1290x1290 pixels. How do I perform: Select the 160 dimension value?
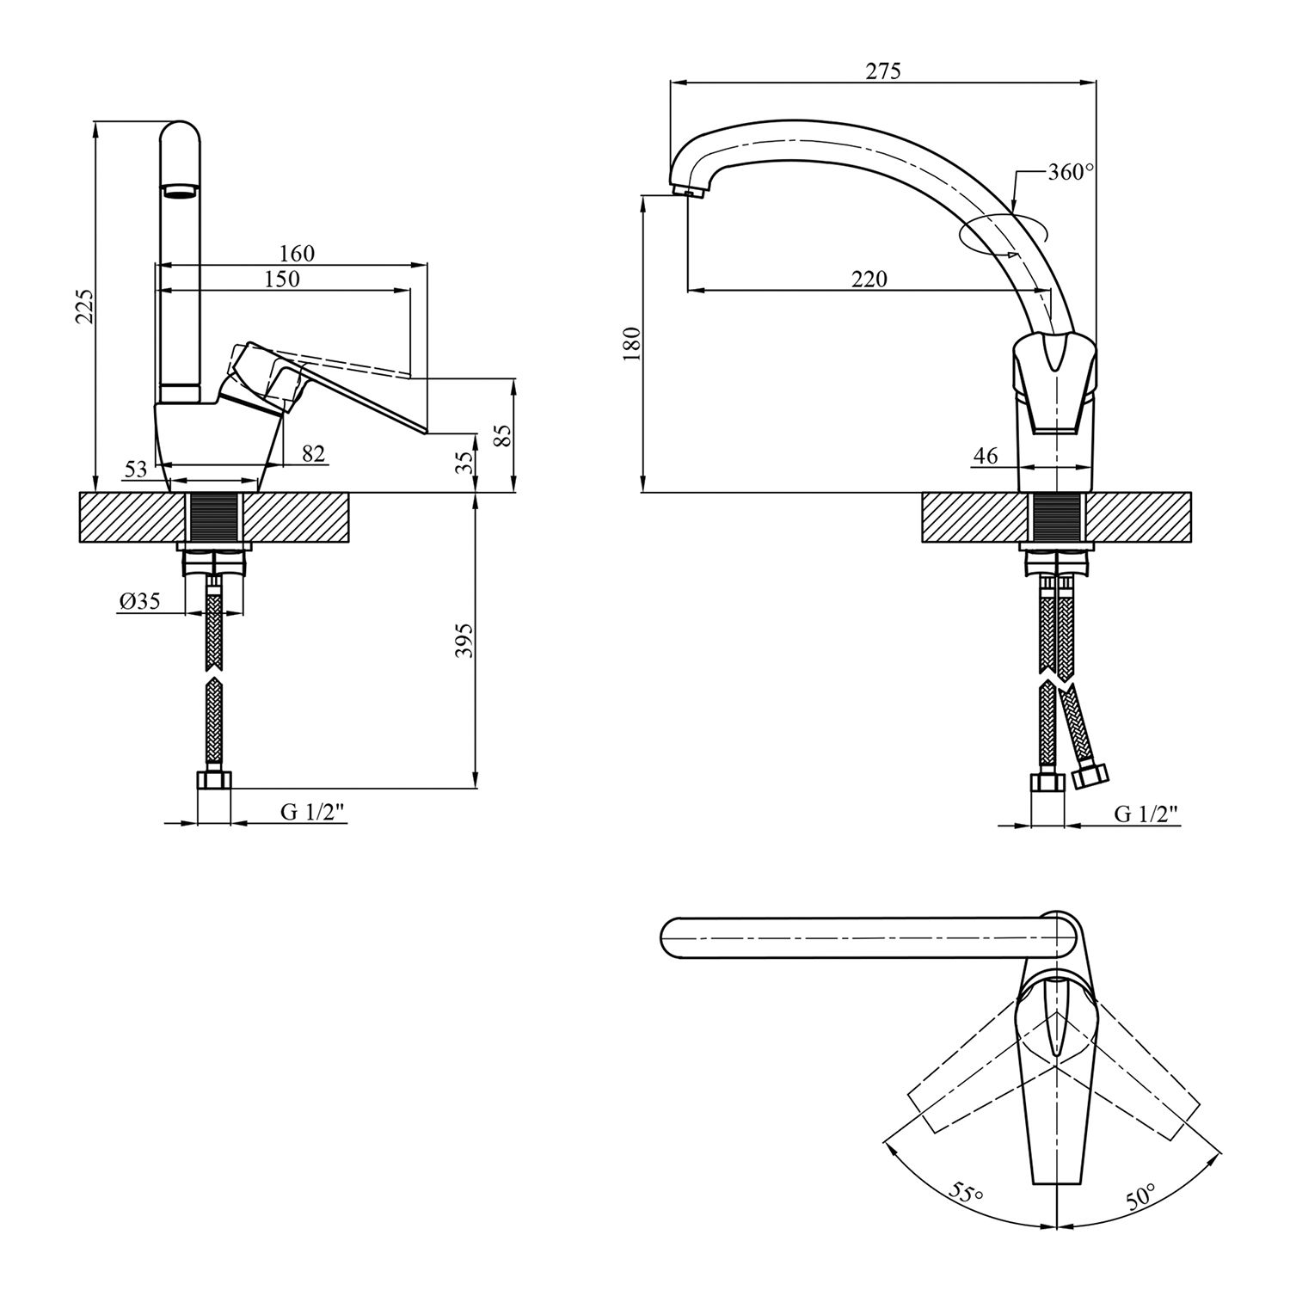click(297, 254)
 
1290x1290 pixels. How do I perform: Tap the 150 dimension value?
click(282, 279)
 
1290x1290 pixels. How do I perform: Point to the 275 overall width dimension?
click(883, 71)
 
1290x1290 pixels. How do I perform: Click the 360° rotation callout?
click(1070, 172)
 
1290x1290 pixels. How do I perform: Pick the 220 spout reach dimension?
click(869, 279)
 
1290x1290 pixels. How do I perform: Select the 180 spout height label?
click(632, 344)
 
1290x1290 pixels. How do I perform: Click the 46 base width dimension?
click(986, 456)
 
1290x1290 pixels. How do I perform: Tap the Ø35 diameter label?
click(140, 601)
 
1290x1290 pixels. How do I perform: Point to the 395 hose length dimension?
click(464, 640)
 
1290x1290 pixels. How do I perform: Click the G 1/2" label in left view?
click(314, 813)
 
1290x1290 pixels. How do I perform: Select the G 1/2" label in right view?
click(1146, 813)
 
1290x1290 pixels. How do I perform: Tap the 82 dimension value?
click(314, 453)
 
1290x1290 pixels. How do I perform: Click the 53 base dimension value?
click(136, 470)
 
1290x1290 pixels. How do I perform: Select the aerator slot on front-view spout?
click(181, 191)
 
